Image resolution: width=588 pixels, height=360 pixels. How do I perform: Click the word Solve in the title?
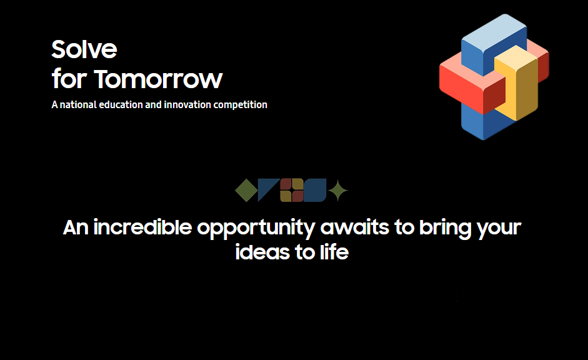click(x=84, y=49)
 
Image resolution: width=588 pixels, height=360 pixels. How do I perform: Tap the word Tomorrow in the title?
click(x=158, y=79)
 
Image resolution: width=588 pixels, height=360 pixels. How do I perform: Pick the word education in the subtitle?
click(x=121, y=104)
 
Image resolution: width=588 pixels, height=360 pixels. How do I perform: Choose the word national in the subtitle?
click(x=78, y=104)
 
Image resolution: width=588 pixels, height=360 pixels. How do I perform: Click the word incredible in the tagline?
click(x=142, y=227)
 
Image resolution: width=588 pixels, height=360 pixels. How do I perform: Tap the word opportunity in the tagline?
click(x=256, y=228)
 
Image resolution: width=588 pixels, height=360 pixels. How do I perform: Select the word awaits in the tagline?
click(x=355, y=227)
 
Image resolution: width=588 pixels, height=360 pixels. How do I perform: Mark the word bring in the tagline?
click(x=445, y=228)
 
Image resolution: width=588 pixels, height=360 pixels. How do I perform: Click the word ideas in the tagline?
click(x=262, y=252)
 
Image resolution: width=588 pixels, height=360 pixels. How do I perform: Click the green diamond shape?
click(x=246, y=190)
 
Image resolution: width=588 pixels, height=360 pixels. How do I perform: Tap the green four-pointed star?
click(x=338, y=190)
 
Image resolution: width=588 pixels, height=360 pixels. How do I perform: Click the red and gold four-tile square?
click(x=292, y=190)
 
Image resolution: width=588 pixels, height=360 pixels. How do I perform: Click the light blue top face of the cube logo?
click(x=494, y=32)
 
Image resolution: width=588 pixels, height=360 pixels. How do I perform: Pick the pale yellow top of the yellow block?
click(x=516, y=57)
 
